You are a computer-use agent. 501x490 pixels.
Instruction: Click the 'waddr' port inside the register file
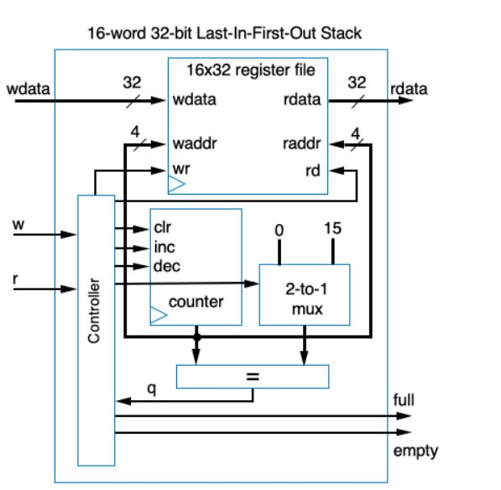point(195,143)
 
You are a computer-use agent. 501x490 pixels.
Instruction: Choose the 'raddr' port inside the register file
point(300,143)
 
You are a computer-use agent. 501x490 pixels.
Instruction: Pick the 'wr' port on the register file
point(180,169)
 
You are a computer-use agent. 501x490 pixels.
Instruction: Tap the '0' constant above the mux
point(279,228)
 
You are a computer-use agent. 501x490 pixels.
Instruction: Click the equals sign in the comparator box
point(252,377)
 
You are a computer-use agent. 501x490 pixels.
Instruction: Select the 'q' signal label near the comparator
point(152,388)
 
